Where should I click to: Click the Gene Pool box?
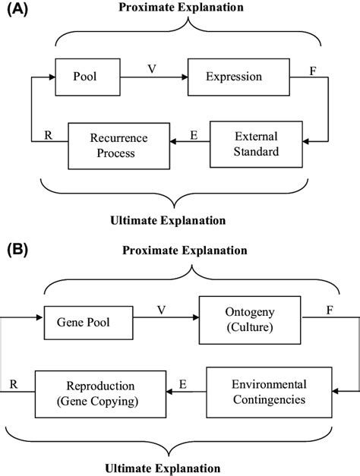(83, 323)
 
